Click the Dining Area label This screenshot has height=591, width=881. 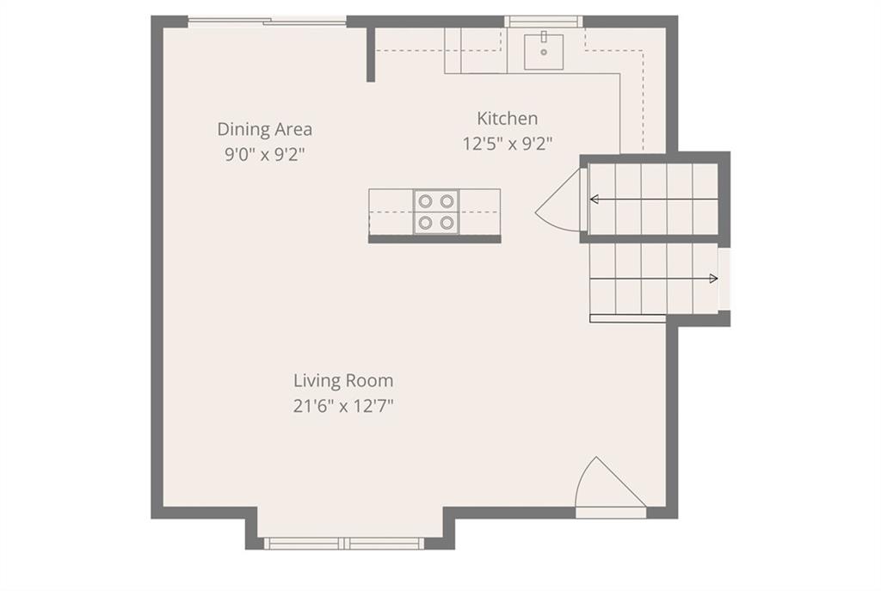tap(265, 129)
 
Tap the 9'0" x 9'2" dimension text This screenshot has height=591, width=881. tap(265, 154)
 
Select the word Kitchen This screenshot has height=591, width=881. tap(508, 119)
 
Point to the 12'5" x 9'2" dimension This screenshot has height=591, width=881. tap(508, 144)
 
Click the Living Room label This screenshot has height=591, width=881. tap(343, 380)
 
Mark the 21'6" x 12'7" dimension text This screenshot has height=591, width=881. tap(343, 405)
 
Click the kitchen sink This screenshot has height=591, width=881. tap(544, 52)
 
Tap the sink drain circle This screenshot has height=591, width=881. tap(544, 52)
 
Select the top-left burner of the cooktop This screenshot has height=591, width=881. tap(425, 200)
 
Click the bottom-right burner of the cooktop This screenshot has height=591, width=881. tap(447, 223)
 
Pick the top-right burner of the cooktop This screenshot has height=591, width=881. tap(447, 200)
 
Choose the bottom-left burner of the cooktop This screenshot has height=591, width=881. tap(425, 223)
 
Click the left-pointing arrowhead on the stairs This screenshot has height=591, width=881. tap(594, 199)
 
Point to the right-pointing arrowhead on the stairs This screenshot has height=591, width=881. tap(713, 278)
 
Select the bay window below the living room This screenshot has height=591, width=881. tap(344, 543)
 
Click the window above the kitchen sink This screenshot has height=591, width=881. tap(543, 22)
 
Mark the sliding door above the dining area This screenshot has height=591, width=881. tap(267, 22)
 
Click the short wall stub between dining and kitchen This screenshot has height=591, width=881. tap(371, 54)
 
